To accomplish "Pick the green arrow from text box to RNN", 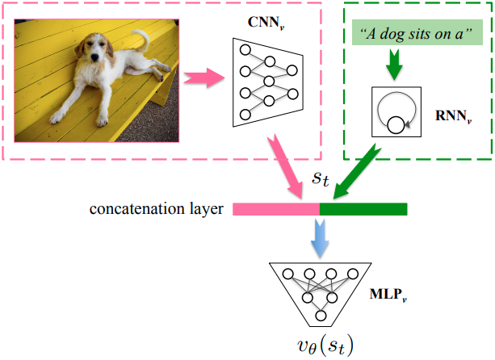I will (x=395, y=66).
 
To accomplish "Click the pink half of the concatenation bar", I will (x=276, y=209).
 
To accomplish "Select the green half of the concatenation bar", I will (x=363, y=209).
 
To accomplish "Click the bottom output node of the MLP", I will (x=321, y=317).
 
